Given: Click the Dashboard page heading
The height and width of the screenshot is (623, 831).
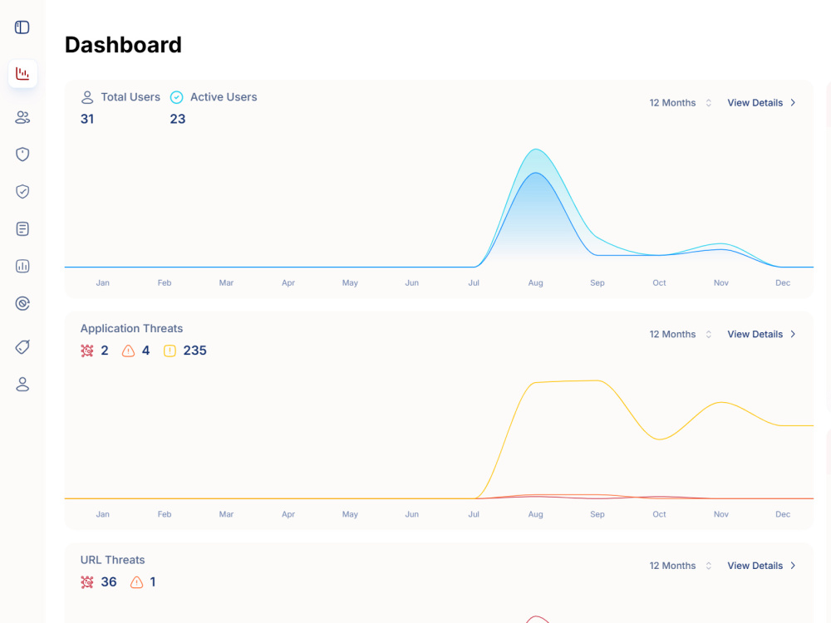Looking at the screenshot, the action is click(x=123, y=45).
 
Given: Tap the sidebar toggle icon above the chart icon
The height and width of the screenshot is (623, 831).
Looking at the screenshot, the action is click(x=22, y=27).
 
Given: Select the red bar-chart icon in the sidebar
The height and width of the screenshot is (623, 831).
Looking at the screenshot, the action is click(x=22, y=74).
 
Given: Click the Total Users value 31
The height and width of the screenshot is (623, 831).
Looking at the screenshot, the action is click(x=87, y=119).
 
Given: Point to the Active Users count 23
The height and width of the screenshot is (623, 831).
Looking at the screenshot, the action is click(x=178, y=119).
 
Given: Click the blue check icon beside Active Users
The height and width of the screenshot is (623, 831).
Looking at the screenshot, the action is click(x=176, y=97).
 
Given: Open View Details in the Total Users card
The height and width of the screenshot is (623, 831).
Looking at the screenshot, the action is click(x=761, y=103).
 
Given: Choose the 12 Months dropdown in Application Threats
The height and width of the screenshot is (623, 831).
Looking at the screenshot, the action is click(x=680, y=334).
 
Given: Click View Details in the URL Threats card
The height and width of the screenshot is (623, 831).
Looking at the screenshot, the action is click(x=761, y=566).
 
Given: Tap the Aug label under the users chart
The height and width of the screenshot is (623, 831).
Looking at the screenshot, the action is click(x=535, y=283).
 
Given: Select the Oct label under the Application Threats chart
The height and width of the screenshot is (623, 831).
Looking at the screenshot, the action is click(x=659, y=514).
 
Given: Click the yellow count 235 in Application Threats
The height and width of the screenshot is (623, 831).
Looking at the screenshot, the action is click(x=195, y=351).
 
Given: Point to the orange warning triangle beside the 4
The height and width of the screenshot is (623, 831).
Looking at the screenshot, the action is click(x=128, y=351).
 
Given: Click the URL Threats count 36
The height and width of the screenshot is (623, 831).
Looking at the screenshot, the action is click(x=109, y=582).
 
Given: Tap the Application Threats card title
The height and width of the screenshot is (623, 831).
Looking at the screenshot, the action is click(x=131, y=328).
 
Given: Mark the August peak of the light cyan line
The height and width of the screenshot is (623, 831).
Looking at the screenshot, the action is click(x=536, y=150).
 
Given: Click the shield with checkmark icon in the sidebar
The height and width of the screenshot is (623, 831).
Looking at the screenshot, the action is click(x=22, y=191).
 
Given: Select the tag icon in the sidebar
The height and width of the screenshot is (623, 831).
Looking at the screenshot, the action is click(x=22, y=347).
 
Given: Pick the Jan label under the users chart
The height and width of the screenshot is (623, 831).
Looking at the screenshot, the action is click(x=103, y=283).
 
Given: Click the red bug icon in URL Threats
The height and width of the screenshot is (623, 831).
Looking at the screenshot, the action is click(x=87, y=582).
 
